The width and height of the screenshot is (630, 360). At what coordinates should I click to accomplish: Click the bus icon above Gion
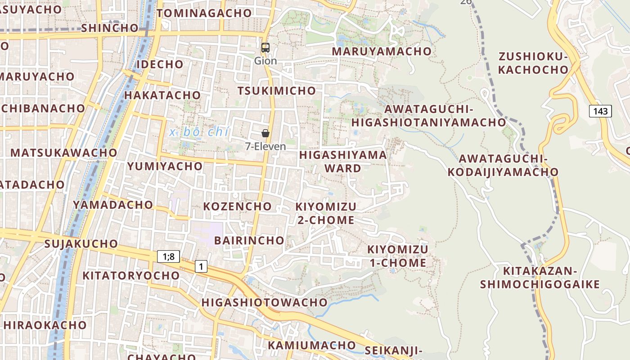tap(265, 47)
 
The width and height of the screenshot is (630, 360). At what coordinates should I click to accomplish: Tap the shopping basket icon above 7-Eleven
tap(265, 133)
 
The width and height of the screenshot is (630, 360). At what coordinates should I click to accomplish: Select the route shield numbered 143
tap(600, 111)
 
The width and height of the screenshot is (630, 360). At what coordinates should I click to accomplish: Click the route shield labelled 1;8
tap(169, 256)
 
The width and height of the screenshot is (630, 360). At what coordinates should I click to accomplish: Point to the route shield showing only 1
tap(201, 266)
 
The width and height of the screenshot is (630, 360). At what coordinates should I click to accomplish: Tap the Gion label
tap(265, 60)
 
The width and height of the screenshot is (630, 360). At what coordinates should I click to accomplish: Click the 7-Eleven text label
tap(265, 146)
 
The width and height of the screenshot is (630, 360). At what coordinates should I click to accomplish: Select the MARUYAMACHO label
tap(382, 51)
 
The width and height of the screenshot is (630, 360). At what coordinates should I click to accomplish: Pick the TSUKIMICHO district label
tap(277, 91)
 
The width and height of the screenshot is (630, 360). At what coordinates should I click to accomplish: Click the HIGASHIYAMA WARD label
tap(343, 162)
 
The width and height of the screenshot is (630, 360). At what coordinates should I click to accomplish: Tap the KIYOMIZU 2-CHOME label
tap(326, 213)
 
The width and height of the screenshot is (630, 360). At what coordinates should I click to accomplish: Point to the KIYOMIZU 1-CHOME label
tap(398, 256)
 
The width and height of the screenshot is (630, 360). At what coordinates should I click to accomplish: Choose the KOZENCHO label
tap(238, 207)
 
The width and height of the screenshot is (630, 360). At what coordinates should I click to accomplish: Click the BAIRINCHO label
tap(249, 240)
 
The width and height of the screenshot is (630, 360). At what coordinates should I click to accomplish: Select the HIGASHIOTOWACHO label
tap(264, 302)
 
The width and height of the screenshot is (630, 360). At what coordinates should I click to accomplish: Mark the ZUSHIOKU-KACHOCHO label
tap(533, 63)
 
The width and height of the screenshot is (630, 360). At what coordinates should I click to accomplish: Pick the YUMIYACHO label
tap(165, 166)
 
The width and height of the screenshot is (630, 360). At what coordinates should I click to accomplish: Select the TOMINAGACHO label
tap(204, 13)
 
